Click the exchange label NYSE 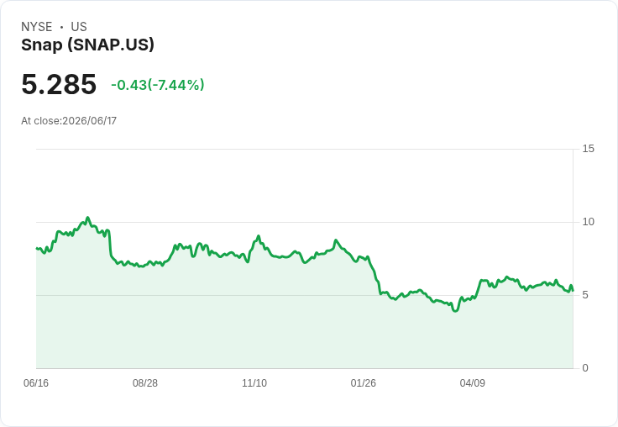click(x=37, y=27)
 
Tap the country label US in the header click(x=79, y=27)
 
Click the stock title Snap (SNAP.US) click(x=87, y=45)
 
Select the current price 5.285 click(x=59, y=84)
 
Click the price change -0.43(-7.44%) click(x=158, y=85)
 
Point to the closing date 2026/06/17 click(x=90, y=121)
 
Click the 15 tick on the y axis click(x=588, y=149)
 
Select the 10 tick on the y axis click(x=588, y=222)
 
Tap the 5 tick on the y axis click(x=585, y=295)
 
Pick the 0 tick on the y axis click(x=585, y=368)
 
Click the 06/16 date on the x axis click(x=36, y=382)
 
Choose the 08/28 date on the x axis click(x=145, y=382)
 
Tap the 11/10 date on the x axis click(x=254, y=382)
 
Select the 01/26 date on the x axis click(x=364, y=382)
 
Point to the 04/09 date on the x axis click(x=472, y=382)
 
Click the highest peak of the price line click(x=87, y=218)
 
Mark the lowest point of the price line click(x=456, y=311)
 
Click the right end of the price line click(x=573, y=291)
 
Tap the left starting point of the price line click(x=36, y=248)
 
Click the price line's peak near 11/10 click(x=259, y=236)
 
